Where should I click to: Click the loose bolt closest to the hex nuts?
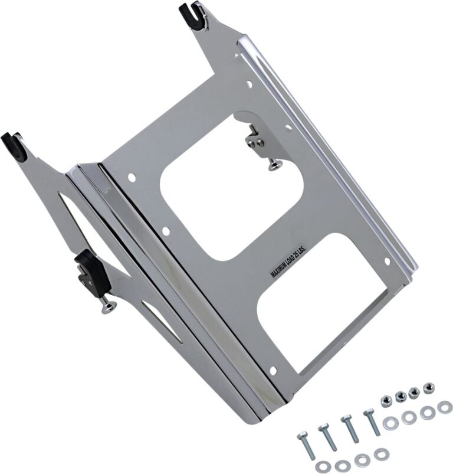click(372, 422)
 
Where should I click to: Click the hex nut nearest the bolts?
click(386, 400)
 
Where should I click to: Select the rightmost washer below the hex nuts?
click(445, 407)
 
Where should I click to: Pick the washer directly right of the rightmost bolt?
click(390, 423)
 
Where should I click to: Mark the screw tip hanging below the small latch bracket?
click(273, 167)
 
